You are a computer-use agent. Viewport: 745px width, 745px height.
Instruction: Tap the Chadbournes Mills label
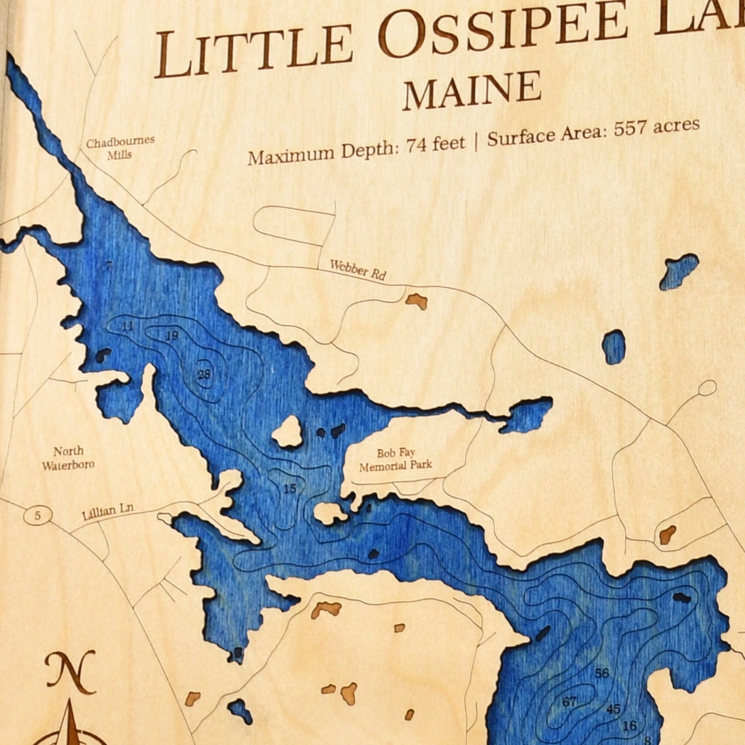[120, 148]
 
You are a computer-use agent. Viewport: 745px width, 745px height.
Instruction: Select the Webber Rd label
[358, 270]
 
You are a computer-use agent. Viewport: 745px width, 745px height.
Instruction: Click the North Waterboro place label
[68, 459]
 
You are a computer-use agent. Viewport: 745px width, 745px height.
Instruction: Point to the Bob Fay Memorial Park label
[396, 460]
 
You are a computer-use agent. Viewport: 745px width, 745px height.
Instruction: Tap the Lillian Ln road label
[108, 513]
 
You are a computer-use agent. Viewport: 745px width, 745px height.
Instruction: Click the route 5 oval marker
[37, 516]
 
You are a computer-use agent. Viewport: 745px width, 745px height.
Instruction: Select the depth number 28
[204, 374]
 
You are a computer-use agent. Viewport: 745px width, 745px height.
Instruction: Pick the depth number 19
[172, 336]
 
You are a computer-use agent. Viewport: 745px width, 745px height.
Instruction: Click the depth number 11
[127, 327]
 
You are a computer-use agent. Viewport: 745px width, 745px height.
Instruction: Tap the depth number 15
[289, 489]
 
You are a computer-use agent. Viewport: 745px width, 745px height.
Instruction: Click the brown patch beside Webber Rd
[416, 301]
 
